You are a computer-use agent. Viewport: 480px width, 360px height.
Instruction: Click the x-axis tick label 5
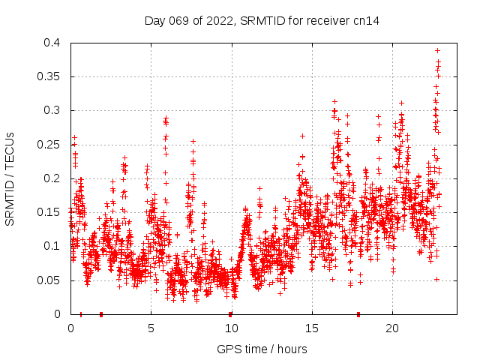point(151,328)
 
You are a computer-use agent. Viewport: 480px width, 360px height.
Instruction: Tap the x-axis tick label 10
point(231,328)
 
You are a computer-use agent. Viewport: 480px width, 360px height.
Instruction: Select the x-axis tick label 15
point(311,328)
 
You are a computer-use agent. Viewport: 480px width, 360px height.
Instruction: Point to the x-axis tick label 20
point(391,328)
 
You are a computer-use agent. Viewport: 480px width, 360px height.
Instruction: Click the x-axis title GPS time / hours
point(262,349)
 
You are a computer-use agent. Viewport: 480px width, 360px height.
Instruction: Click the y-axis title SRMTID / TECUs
point(10,178)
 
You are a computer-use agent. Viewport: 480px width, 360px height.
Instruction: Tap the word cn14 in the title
point(367,21)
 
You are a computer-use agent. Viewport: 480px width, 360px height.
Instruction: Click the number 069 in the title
point(179,21)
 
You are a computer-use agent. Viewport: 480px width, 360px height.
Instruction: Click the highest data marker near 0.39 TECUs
point(437,50)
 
